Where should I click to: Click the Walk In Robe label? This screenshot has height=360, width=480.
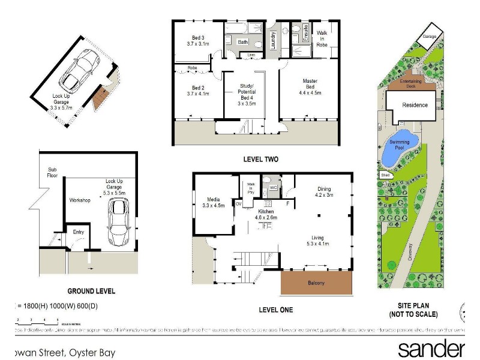click(322, 38)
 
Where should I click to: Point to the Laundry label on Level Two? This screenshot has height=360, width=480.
click(272, 41)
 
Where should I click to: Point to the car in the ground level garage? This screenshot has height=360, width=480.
click(118, 222)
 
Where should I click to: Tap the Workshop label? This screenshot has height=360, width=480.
click(79, 200)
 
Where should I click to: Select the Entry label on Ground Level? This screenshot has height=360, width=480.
click(79, 232)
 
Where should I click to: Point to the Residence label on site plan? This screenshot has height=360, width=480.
click(415, 105)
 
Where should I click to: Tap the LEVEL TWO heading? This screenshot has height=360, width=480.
click(260, 160)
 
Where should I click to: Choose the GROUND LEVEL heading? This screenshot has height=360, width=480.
click(91, 291)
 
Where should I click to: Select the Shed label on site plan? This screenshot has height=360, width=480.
click(384, 175)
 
